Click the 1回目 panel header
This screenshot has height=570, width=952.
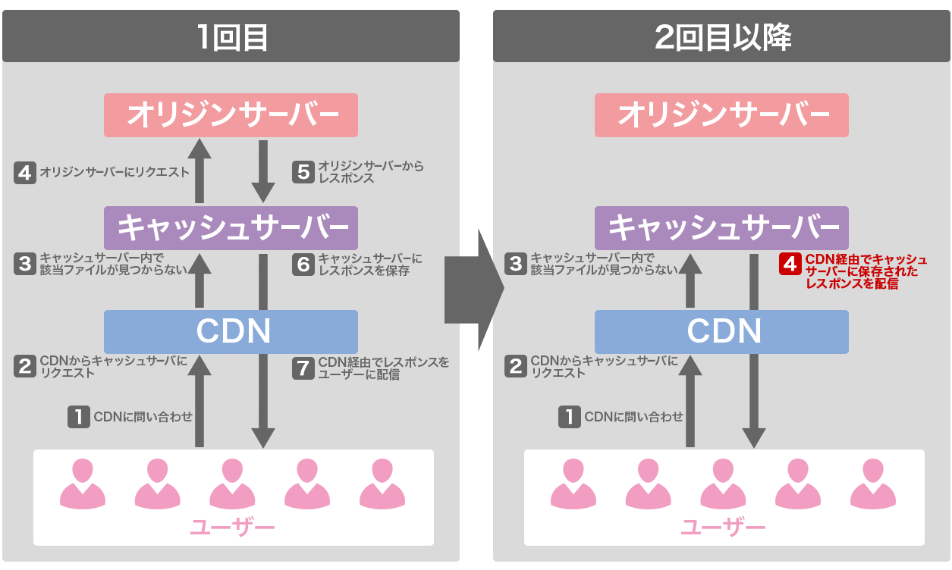pos(231,36)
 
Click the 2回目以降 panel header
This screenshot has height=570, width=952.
pos(721,36)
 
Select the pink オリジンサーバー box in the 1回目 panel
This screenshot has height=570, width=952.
pos(231,115)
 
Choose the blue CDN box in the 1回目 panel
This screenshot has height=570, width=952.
pos(231,331)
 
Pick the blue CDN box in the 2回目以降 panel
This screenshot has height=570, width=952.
pos(721,331)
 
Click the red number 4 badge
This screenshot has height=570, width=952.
pos(790,265)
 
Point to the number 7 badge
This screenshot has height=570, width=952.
pos(303,368)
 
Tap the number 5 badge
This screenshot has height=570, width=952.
pos(303,172)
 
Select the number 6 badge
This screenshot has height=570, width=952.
pos(303,264)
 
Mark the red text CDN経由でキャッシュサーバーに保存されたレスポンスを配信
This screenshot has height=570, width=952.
pos(865,272)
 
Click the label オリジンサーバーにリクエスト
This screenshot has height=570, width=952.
pos(115,172)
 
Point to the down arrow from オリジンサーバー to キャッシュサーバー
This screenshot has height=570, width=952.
pos(262,171)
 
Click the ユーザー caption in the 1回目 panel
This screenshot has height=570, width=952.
pos(232,527)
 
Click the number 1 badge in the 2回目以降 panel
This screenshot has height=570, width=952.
pos(570,417)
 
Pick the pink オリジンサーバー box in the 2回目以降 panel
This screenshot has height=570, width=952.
pos(721,115)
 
